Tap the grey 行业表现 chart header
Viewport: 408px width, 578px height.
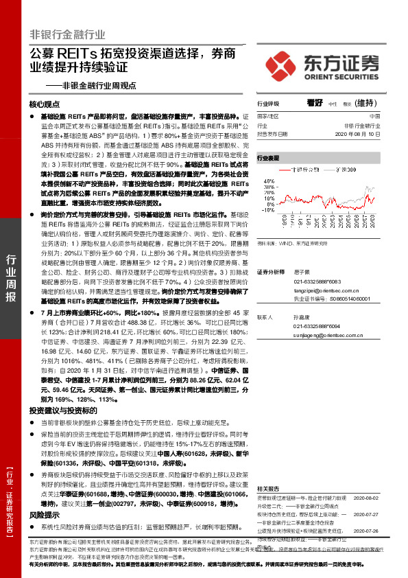[269, 158]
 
